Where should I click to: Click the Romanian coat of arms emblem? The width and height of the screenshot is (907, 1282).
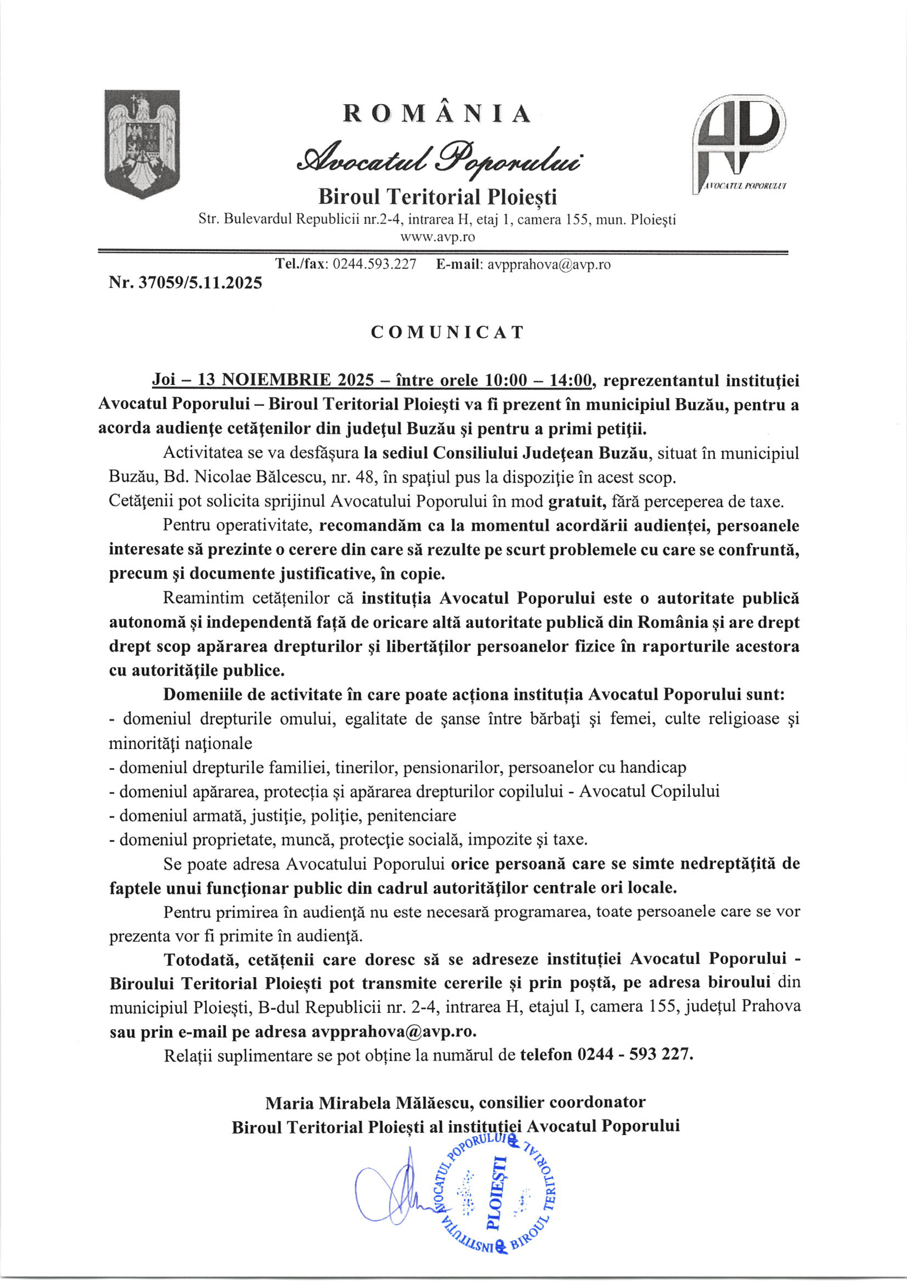coord(142,144)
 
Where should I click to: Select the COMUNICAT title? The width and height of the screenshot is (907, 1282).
coord(447,332)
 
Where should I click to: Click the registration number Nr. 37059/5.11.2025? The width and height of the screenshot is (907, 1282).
coord(185,283)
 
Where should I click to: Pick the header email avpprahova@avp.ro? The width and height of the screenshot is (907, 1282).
coord(549,265)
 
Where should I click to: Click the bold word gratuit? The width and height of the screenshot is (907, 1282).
coord(577,502)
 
